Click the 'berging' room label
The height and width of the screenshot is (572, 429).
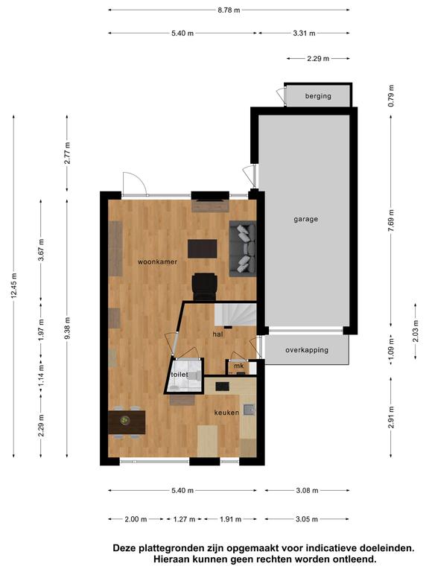318,96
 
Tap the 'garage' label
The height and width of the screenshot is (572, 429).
305,219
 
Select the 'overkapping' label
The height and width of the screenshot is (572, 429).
307,350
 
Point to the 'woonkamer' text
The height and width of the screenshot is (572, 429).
158,262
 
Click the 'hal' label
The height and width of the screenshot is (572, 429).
217,334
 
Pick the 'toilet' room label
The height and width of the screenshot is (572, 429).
179,375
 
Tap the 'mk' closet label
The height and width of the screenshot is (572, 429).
239,366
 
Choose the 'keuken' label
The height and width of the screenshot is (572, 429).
226,413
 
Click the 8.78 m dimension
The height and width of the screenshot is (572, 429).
229,10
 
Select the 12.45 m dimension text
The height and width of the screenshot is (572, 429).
14,286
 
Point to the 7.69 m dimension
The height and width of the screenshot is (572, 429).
391,220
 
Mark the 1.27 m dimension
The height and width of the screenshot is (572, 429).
184,519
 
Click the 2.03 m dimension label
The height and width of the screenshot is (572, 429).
416,331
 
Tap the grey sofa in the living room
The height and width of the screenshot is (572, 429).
243,249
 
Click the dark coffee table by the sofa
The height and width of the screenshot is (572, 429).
202,249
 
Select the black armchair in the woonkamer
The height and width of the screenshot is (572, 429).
205,287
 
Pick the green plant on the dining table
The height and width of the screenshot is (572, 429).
125,421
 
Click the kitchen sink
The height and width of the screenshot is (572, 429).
249,410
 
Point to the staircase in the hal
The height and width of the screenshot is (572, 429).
235,315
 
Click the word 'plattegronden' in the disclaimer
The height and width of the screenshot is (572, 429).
170,548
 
